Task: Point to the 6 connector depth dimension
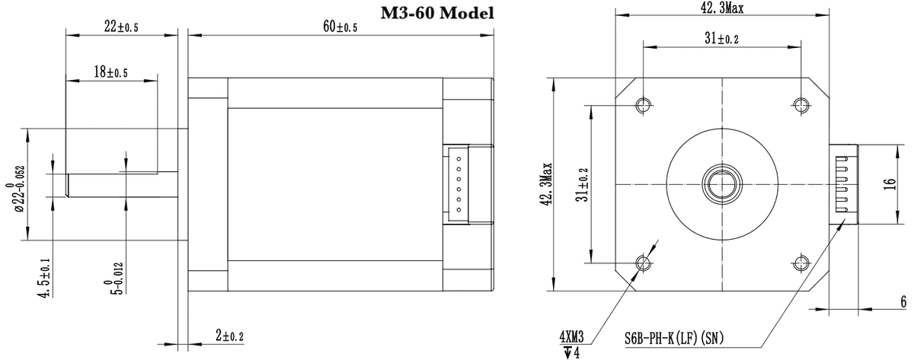click(900, 302)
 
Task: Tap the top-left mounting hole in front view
click(643, 104)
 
